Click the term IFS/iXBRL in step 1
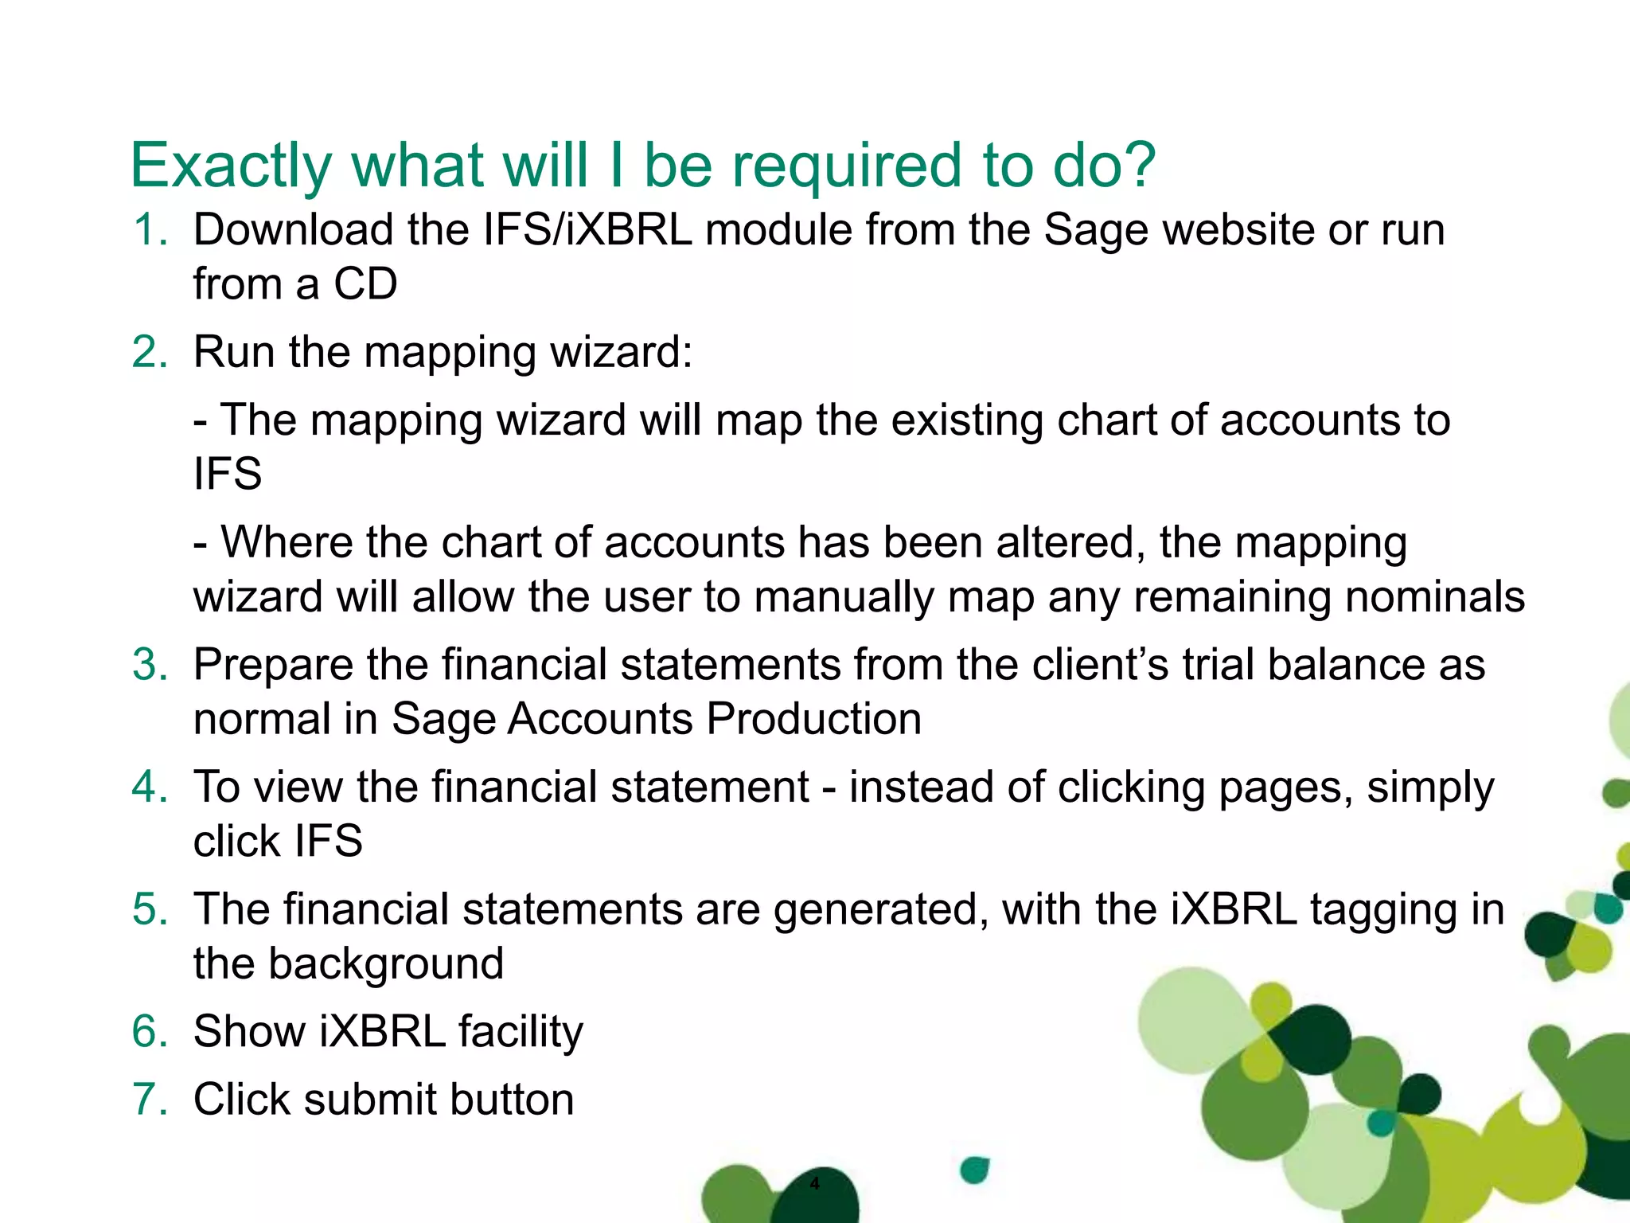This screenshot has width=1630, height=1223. point(587,230)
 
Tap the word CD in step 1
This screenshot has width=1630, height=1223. point(365,284)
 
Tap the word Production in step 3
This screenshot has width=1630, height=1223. point(813,719)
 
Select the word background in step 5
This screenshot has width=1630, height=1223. point(385,964)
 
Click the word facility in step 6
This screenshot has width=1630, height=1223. point(521,1032)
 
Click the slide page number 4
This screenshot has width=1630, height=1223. point(814,1184)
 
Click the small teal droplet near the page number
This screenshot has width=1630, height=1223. point(974,1170)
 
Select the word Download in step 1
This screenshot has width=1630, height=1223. point(294,230)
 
